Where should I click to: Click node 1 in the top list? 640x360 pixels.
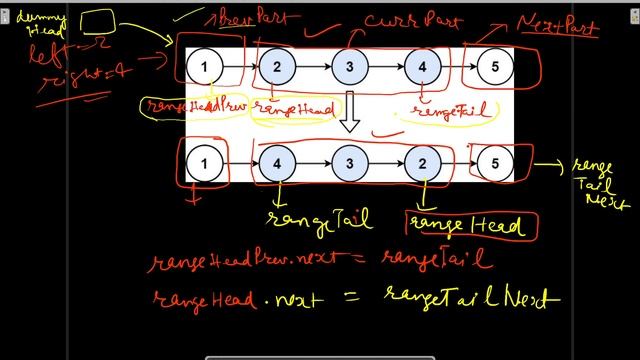click(204, 67)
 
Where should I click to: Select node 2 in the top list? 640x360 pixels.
click(277, 67)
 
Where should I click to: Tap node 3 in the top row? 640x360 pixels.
click(349, 67)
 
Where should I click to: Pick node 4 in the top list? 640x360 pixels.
click(422, 67)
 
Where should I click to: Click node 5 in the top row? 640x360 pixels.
click(493, 67)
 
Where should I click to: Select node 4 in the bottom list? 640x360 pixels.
click(277, 161)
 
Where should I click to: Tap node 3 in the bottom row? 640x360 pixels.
click(349, 161)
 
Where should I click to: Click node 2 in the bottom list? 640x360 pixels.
click(422, 161)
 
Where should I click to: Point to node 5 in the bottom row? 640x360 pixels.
click(493, 161)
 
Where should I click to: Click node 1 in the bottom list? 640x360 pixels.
click(204, 161)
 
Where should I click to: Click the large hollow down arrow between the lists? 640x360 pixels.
click(349, 113)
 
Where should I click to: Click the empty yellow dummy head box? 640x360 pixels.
click(101, 21)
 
